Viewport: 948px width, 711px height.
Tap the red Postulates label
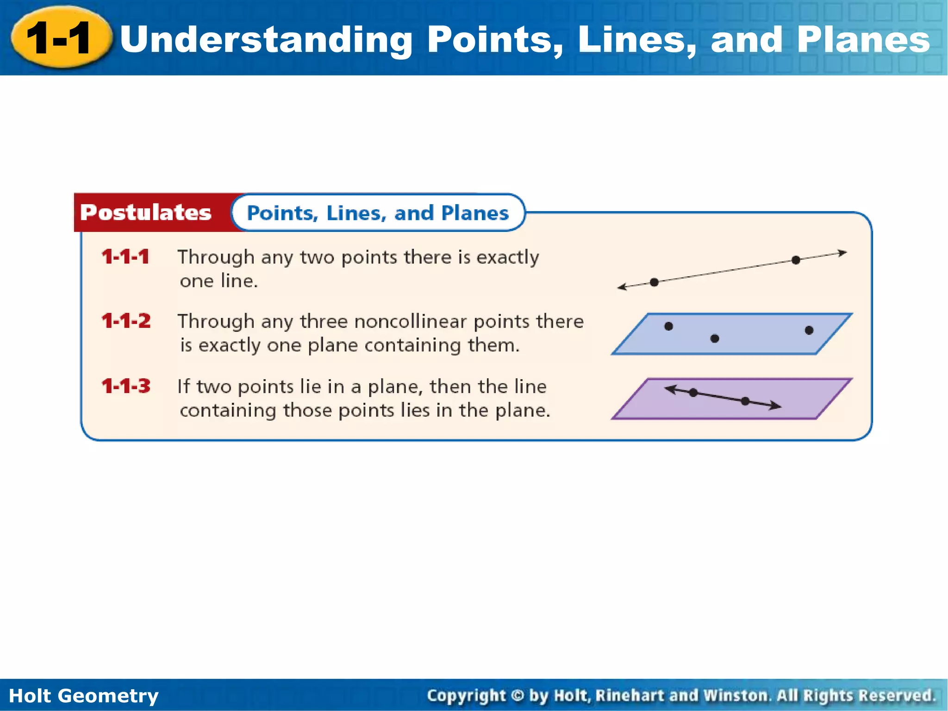coord(145,212)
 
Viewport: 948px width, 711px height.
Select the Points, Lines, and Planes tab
coord(378,213)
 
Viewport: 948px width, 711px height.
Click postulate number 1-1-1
coord(125,257)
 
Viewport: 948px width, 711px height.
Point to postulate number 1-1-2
coord(126,321)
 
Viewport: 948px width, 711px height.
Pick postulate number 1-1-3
coord(126,386)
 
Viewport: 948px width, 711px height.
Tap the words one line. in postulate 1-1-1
coord(218,281)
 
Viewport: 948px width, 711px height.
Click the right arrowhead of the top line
coord(843,253)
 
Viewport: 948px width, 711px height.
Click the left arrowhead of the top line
coord(622,287)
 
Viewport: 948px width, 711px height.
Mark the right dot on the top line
coord(796,260)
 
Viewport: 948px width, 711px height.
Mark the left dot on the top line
coord(654,282)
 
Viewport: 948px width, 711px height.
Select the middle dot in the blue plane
coord(715,338)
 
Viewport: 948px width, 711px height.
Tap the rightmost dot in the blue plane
coord(809,330)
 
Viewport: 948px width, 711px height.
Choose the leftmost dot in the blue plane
coord(668,326)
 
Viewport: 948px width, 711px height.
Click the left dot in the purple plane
coord(693,393)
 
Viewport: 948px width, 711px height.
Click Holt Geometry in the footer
coord(84,696)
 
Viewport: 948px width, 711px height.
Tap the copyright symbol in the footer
coord(518,696)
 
